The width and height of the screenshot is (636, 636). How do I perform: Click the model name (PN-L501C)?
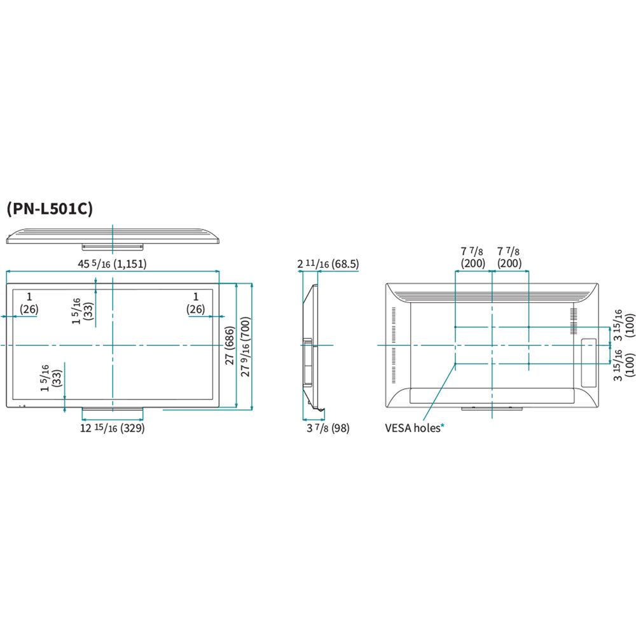click(50, 209)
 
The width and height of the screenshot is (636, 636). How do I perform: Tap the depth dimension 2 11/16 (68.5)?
click(328, 264)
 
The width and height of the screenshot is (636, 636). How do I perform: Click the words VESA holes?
click(411, 428)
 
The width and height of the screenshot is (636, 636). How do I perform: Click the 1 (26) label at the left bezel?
click(29, 303)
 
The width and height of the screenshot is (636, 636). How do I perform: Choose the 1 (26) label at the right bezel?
click(196, 303)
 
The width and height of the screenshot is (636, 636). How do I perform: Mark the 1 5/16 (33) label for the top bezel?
click(83, 312)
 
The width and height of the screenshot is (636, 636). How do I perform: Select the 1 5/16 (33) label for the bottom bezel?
click(50, 378)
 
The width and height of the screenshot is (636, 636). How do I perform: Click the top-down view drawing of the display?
click(113, 236)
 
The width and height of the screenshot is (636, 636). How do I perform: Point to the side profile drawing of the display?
click(310, 347)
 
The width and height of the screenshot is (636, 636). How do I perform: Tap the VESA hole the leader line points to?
click(455, 364)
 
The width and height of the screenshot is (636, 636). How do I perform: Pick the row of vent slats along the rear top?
click(493, 293)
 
